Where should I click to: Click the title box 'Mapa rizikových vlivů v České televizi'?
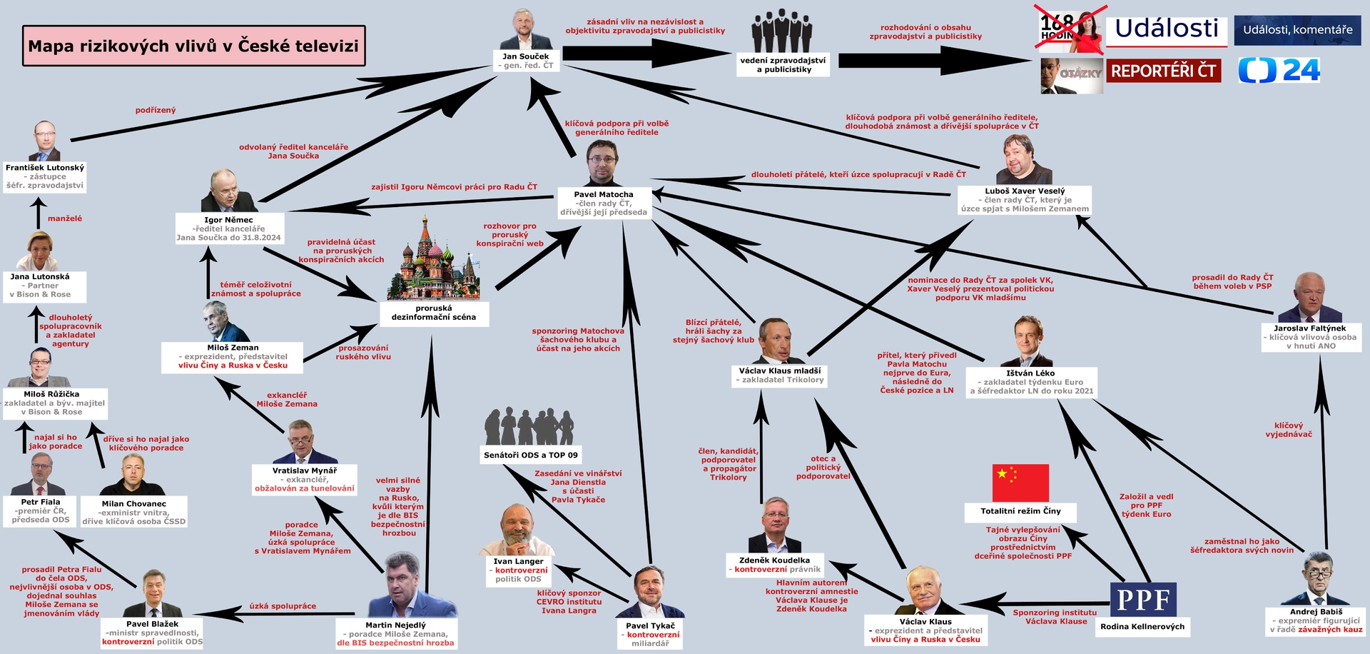click(193, 46)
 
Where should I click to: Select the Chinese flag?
click(1020, 483)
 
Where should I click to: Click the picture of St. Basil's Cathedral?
click(433, 260)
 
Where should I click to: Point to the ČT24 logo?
click(1279, 70)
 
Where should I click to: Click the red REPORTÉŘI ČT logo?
click(1163, 71)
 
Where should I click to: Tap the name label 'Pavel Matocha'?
click(604, 194)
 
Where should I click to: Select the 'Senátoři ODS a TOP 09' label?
click(531, 455)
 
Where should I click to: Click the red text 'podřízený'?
click(156, 110)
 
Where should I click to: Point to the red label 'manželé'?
click(65, 218)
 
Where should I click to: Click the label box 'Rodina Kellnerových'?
click(1142, 627)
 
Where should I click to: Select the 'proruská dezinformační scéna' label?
click(433, 313)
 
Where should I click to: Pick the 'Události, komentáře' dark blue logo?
click(1297, 30)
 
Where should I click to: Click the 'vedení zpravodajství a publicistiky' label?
click(783, 65)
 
